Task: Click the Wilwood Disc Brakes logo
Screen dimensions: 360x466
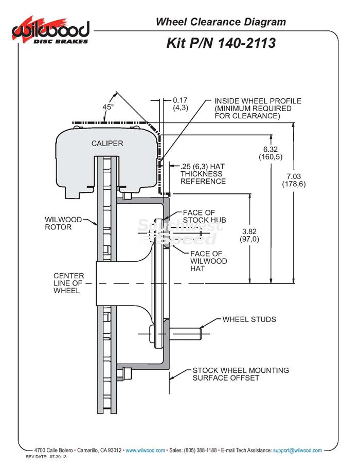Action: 50,31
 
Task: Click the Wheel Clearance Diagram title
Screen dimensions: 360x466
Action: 221,22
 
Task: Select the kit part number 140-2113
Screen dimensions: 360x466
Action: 221,43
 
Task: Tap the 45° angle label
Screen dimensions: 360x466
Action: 108,106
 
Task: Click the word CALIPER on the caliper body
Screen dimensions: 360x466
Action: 107,144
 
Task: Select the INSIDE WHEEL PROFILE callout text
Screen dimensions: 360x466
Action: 258,109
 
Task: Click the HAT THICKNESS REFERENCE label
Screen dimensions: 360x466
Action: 203,174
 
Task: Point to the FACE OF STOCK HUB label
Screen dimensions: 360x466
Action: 204,217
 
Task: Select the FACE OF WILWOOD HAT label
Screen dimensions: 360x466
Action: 208,261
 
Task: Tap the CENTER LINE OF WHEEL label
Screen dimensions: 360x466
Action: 69,283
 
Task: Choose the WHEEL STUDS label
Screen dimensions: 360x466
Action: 249,319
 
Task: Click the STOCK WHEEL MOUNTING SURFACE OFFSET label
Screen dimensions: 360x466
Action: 241,374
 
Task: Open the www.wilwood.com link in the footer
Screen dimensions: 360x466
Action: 146,450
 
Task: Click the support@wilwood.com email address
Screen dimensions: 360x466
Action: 297,450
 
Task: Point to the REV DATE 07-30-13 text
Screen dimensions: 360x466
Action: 46,457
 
